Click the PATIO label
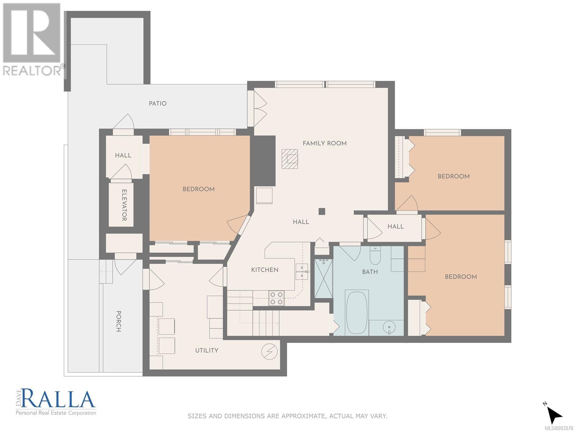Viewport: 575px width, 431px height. click(157, 103)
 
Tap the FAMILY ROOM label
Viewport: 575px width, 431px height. click(325, 143)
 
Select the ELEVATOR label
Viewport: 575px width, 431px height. click(124, 205)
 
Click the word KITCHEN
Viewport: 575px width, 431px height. click(264, 270)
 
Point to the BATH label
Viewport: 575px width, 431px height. click(370, 272)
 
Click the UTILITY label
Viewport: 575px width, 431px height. click(207, 351)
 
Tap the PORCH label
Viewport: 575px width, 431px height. click(118, 321)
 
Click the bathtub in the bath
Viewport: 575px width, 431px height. click(357, 312)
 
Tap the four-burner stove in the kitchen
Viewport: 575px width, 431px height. click(277, 298)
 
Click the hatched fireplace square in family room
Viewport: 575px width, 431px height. click(290, 159)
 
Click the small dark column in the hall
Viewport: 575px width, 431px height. click(322, 211)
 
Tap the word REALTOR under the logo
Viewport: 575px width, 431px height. click(32, 71)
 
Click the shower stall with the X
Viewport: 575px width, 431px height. click(323, 278)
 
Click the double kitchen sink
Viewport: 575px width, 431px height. click(302, 272)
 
